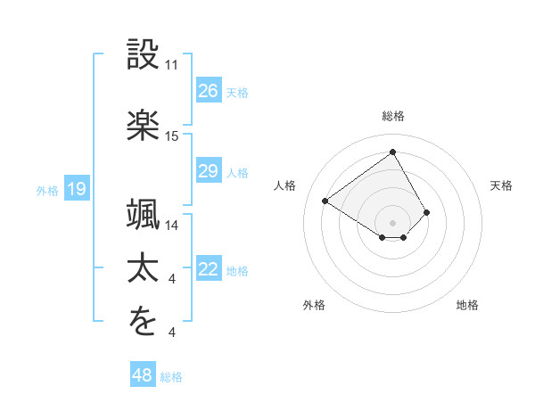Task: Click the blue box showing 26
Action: coord(208,91)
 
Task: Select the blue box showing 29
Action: coord(208,171)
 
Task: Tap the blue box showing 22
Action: coord(208,270)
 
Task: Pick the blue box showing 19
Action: coord(77,189)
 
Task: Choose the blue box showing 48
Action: coord(143,375)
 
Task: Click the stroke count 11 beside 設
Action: coord(172,66)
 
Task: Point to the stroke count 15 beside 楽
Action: coord(172,136)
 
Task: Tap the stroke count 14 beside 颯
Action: coord(172,226)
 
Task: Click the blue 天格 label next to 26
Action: coord(237,93)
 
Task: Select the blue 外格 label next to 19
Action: coord(47,190)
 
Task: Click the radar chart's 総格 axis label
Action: coord(393,116)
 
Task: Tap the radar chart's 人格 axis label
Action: coord(285,185)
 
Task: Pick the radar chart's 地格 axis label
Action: coord(467,305)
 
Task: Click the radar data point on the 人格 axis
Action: coord(325,201)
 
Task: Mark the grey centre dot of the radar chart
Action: coord(393,223)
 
